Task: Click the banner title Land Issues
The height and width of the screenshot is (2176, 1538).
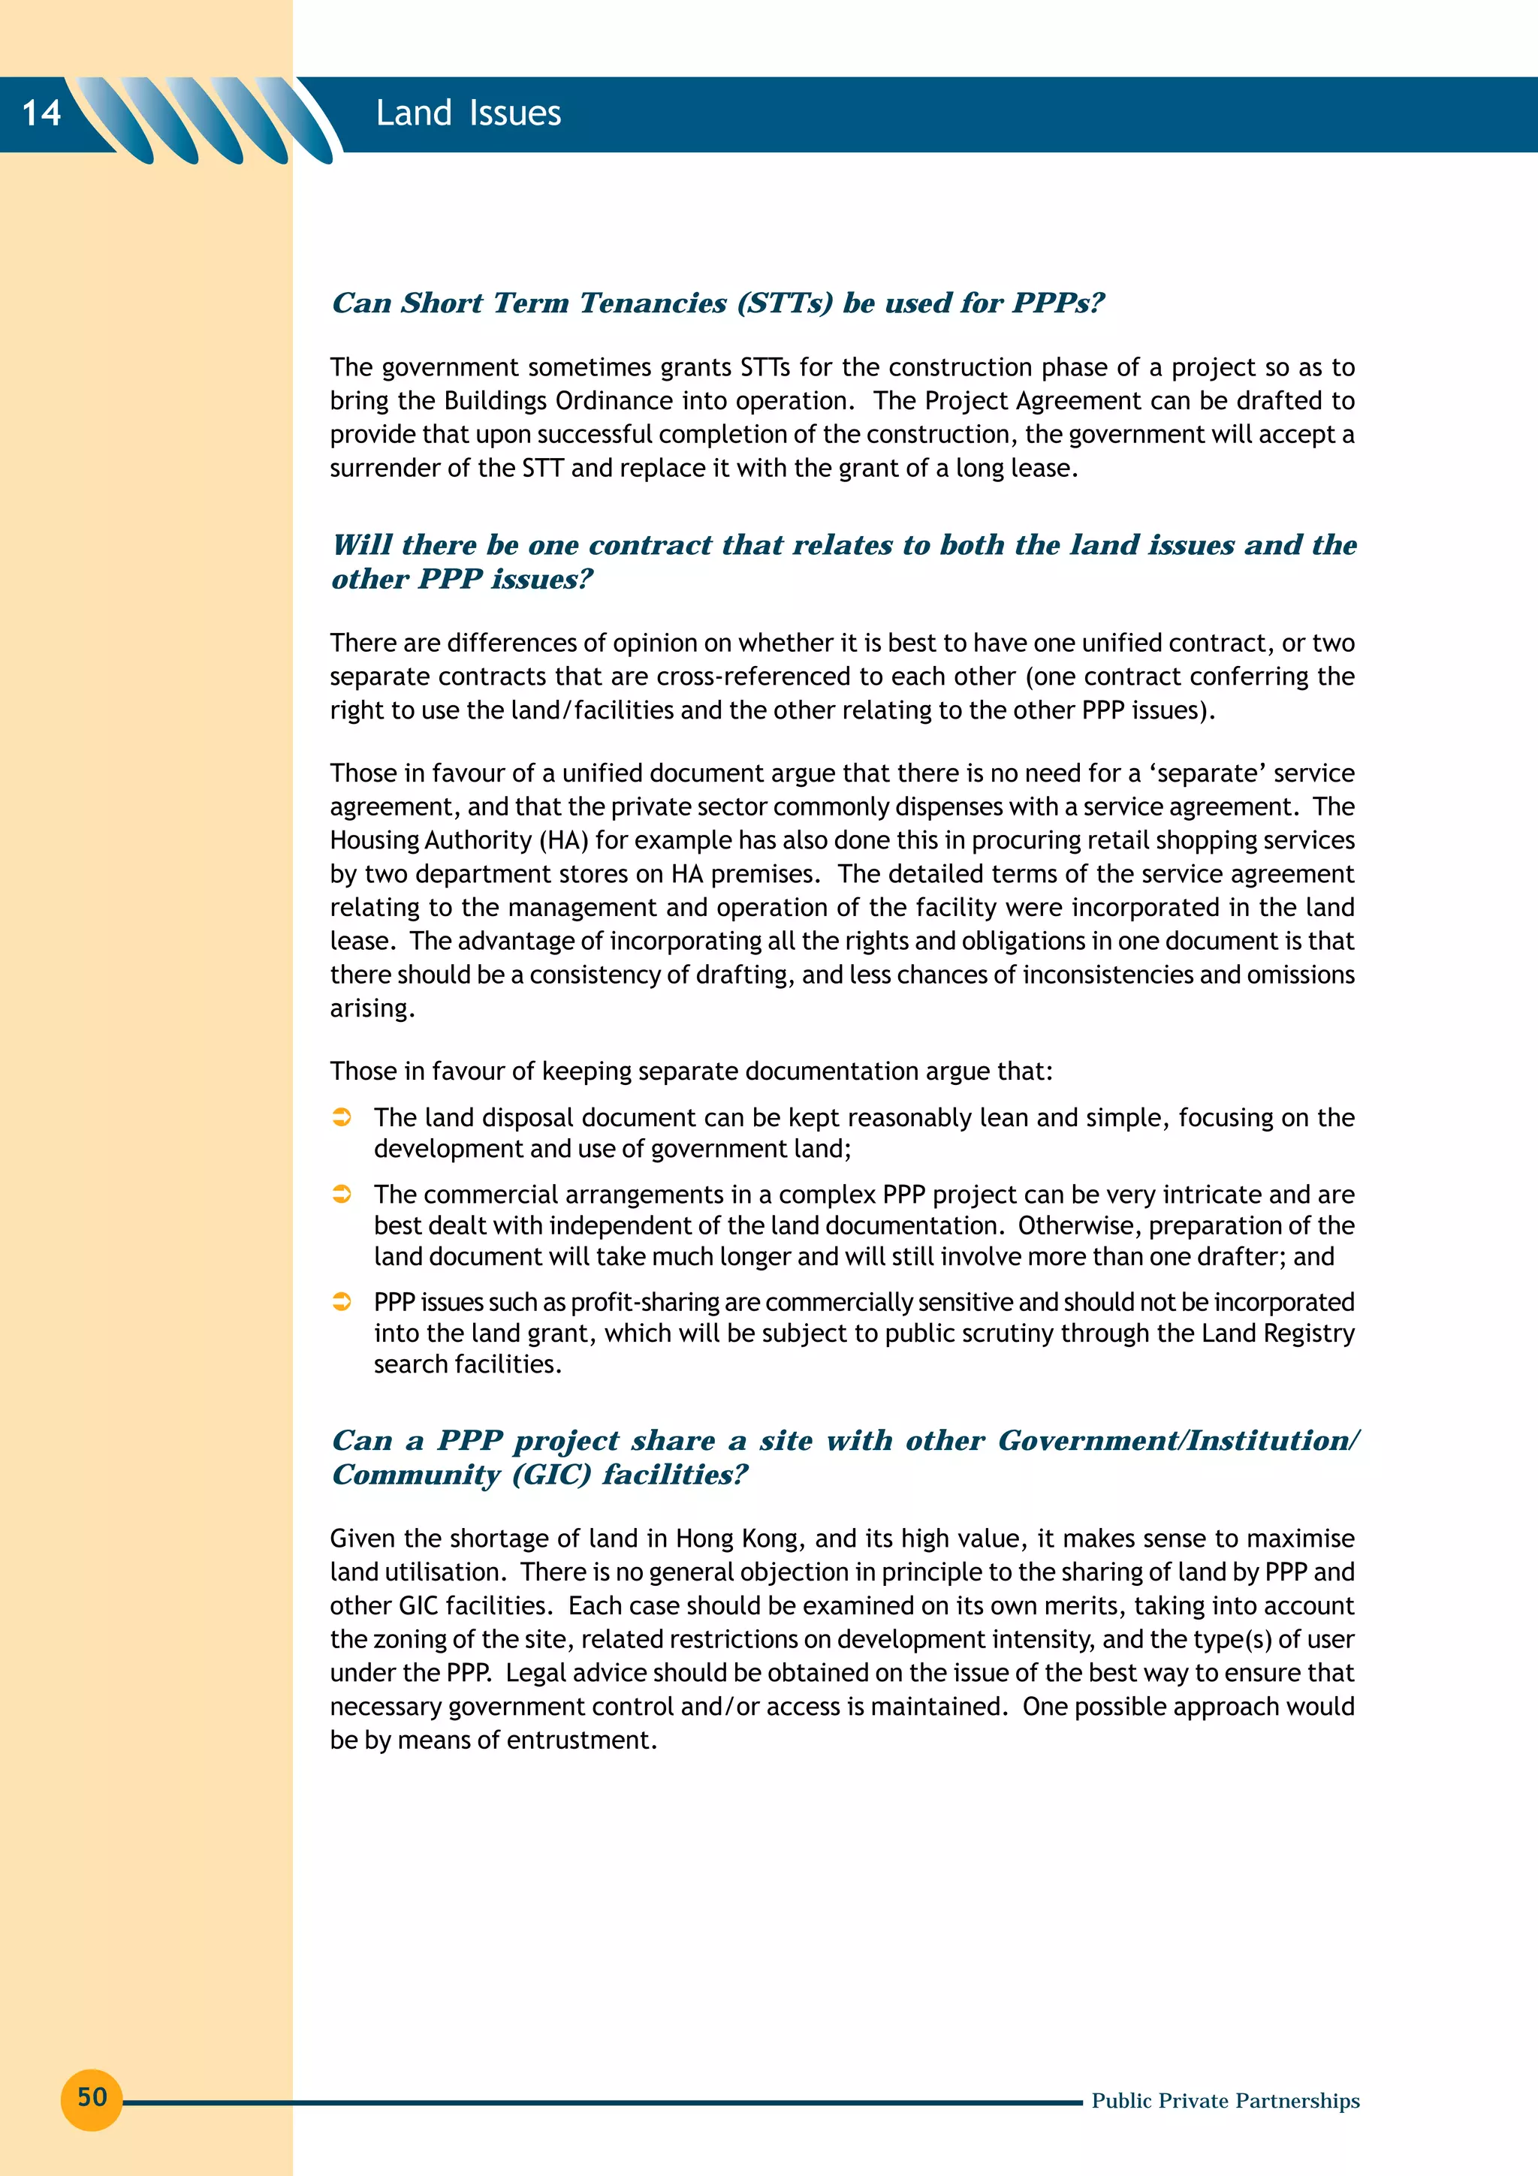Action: (468, 113)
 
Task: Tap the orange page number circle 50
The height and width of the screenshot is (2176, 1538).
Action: (92, 2096)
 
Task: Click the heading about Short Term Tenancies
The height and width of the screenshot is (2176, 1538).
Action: (717, 303)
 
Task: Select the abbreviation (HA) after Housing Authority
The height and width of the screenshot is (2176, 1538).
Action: (565, 841)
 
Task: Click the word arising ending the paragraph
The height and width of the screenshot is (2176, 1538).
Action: (372, 1008)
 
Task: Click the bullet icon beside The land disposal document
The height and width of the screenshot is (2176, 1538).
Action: (342, 1117)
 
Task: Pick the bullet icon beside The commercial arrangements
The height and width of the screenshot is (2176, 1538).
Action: (342, 1194)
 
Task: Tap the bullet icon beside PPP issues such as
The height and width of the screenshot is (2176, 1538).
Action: (342, 1302)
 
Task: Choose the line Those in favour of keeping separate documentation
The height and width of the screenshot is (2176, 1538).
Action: (691, 1071)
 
